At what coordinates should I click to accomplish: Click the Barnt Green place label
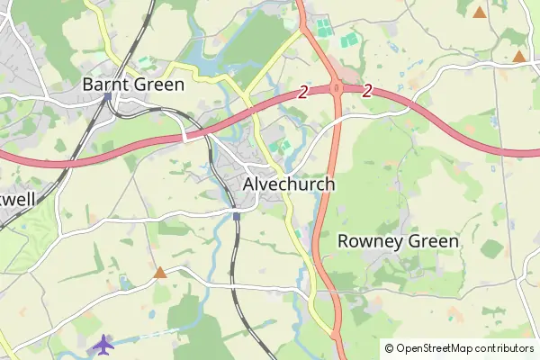click(133, 85)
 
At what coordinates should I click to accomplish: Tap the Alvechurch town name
click(289, 184)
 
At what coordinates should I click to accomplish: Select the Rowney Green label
click(398, 241)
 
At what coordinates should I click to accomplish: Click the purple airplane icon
click(104, 344)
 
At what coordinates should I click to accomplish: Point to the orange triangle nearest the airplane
click(160, 272)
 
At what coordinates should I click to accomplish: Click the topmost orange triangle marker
click(480, 13)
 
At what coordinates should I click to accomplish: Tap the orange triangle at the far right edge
click(519, 57)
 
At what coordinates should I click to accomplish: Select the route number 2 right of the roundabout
click(368, 91)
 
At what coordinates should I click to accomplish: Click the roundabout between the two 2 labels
click(335, 88)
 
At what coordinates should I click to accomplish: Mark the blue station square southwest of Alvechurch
click(236, 215)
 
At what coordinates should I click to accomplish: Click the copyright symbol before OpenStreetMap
click(389, 348)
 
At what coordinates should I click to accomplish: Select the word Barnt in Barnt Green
click(103, 85)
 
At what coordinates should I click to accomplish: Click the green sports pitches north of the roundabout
click(346, 40)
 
